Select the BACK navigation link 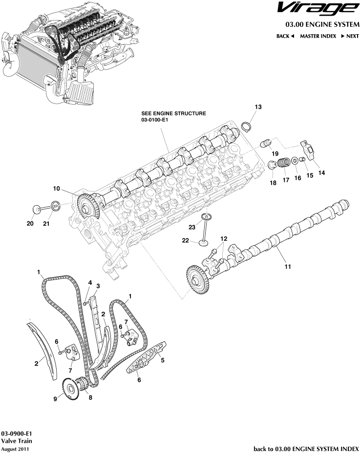coord(285,36)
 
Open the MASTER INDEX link coord(318,36)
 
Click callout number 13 coord(258,107)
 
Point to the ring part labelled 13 coord(247,127)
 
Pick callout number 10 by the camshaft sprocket coord(57,188)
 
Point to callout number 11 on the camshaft coord(288,266)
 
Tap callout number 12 coord(224,238)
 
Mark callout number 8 coord(89,397)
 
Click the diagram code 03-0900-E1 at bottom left coord(17,433)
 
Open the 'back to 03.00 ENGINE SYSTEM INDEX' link coord(307,448)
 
